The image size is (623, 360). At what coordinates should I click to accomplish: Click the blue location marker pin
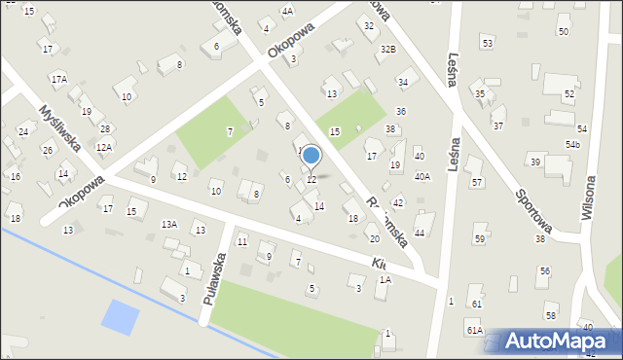pos(311,156)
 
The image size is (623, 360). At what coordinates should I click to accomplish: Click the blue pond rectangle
pos(121,316)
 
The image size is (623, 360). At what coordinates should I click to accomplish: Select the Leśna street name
pos(454,71)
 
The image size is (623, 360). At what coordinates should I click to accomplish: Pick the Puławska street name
pos(215,277)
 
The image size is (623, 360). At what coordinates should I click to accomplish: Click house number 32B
pos(388,49)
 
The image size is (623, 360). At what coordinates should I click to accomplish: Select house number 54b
pos(573,145)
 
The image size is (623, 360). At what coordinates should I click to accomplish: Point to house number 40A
pos(422,176)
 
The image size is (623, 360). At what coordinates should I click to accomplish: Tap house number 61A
pos(474,331)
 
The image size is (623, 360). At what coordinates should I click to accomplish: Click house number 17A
pos(59,78)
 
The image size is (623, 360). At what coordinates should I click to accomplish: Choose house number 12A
pos(103,147)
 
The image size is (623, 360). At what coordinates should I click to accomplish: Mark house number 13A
pos(169,224)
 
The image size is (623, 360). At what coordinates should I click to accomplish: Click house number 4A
pos(287,12)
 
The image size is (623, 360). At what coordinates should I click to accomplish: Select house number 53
pos(487,44)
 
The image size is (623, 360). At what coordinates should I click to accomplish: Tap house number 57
pos(477,183)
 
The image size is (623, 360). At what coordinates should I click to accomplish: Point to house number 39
pos(535,162)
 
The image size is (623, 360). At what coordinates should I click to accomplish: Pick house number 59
pos(480,239)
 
